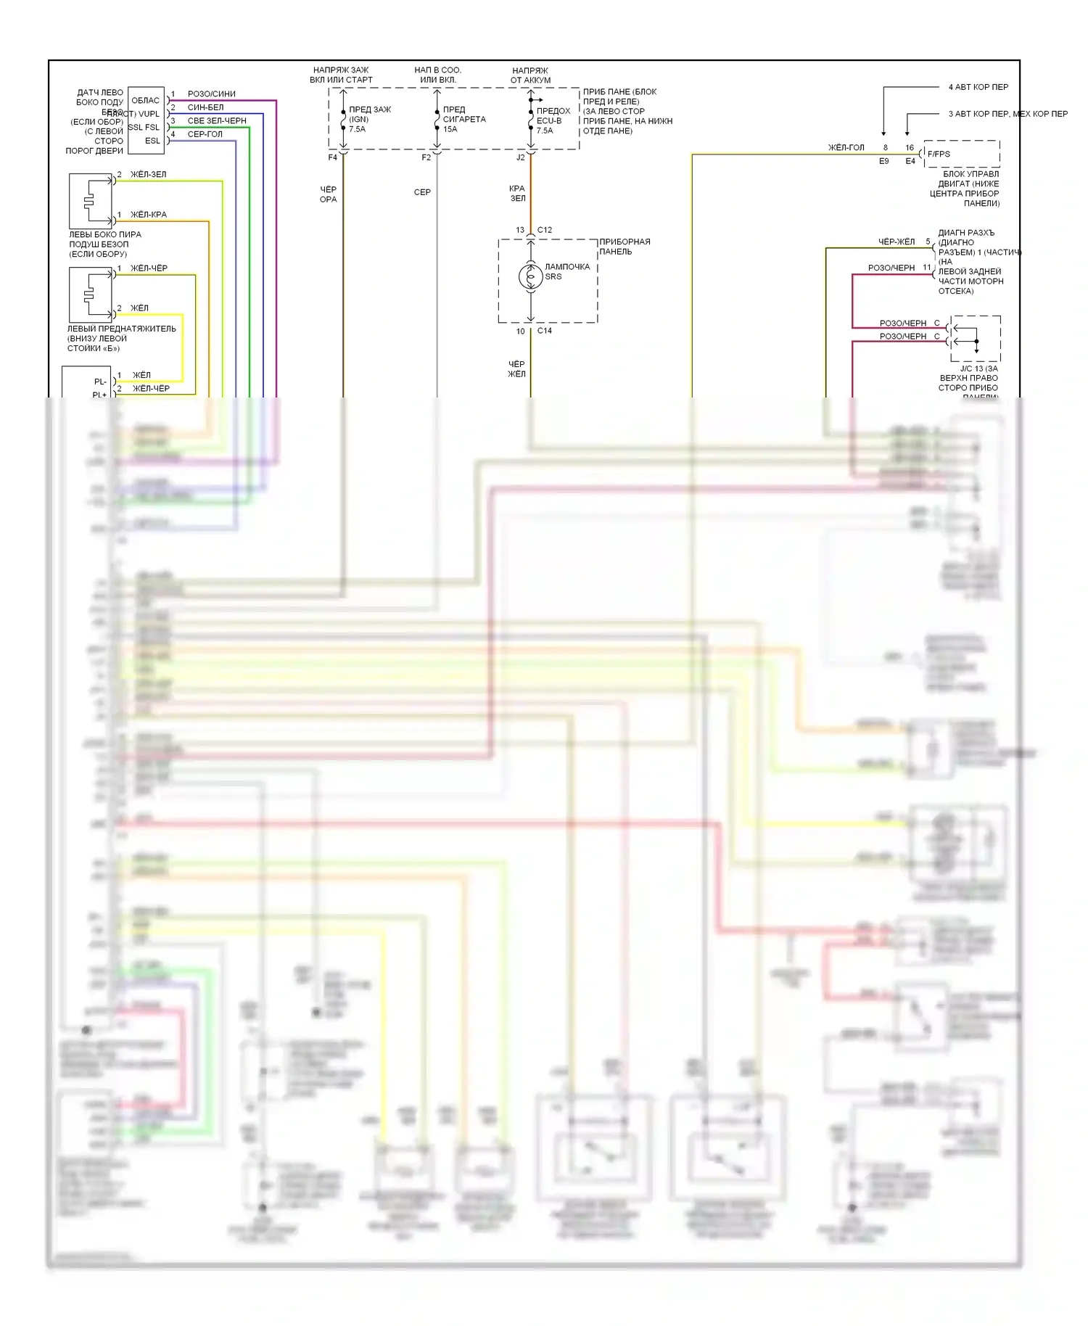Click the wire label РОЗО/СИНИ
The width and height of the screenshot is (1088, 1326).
click(211, 94)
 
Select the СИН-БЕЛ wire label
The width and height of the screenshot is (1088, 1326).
click(205, 107)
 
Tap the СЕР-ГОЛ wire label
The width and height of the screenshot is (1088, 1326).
click(205, 134)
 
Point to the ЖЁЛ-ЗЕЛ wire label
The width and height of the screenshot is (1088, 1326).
click(148, 174)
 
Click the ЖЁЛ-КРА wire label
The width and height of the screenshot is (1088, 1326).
click(148, 215)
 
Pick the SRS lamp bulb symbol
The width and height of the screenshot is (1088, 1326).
click(530, 277)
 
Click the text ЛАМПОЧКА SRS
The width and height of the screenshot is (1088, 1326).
click(566, 271)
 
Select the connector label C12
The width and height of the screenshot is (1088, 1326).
click(544, 230)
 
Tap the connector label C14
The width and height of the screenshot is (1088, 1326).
click(544, 331)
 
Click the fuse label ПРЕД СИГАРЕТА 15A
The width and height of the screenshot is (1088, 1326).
click(463, 119)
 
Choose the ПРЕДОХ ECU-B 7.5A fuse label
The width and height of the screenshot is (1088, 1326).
click(553, 120)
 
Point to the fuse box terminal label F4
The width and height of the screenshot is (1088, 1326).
click(332, 157)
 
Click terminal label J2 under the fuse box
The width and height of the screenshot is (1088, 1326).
click(520, 157)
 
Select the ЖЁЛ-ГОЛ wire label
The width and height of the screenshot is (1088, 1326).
click(846, 148)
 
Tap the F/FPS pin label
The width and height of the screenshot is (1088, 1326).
click(938, 154)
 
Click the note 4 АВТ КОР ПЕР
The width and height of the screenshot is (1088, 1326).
click(978, 87)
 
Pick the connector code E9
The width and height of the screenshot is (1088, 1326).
click(883, 161)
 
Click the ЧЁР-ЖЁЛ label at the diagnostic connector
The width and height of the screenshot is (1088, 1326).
click(897, 242)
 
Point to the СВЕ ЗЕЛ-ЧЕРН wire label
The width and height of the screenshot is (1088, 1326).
click(216, 120)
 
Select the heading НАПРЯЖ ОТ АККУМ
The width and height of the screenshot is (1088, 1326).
click(530, 75)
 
